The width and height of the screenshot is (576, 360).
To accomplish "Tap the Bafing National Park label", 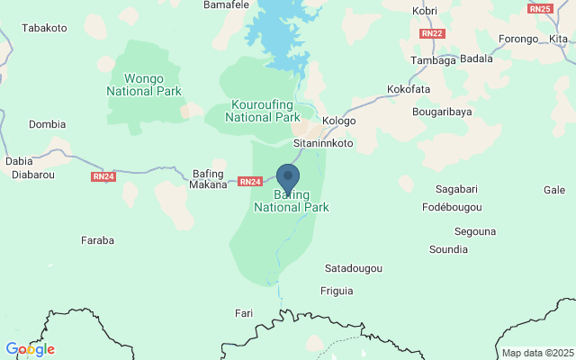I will (292, 201).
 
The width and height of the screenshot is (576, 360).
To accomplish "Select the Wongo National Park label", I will (144, 85).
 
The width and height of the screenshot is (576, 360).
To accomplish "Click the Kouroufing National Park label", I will (263, 111).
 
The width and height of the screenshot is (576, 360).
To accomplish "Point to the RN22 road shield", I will (432, 33).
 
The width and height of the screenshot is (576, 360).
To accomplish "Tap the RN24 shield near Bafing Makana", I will (250, 182).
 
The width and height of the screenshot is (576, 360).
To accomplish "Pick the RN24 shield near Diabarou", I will (103, 176).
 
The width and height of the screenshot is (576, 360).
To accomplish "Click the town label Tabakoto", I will (45, 28).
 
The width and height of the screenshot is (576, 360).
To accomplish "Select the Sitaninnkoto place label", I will (324, 143).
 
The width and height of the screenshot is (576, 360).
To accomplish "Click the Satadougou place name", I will (354, 268).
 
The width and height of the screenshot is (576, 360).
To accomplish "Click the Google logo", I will (30, 349).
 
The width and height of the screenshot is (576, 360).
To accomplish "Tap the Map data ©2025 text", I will (537, 353).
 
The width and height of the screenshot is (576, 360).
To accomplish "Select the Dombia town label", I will (48, 124).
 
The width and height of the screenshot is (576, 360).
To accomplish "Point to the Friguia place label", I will (337, 291).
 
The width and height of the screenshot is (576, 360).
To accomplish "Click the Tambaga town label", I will (434, 60).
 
